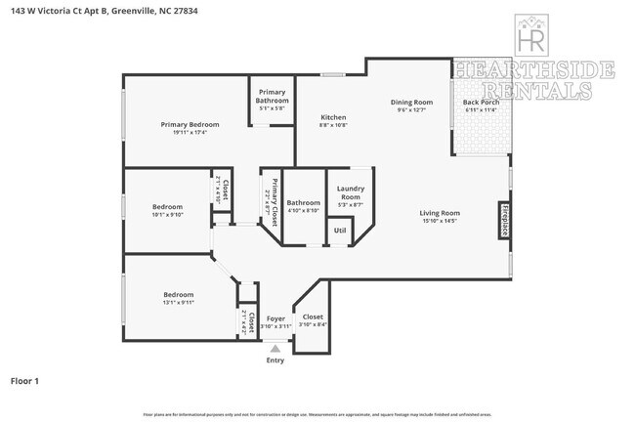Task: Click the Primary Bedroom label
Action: (x=190, y=124)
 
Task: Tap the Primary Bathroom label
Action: (x=272, y=96)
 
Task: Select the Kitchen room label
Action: (x=333, y=117)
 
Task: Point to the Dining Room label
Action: (x=411, y=102)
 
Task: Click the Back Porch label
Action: (x=480, y=102)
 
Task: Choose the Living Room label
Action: (x=440, y=213)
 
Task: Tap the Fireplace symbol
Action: (x=504, y=221)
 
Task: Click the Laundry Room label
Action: (x=350, y=192)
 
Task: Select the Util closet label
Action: (x=339, y=231)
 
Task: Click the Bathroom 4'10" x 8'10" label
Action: (x=303, y=202)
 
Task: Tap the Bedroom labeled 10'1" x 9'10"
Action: (x=167, y=206)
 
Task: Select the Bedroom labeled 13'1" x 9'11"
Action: (x=178, y=294)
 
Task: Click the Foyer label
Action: (x=276, y=318)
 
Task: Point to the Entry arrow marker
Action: (x=275, y=347)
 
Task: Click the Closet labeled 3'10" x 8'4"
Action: (x=313, y=317)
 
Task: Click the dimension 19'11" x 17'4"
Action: (x=190, y=132)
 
